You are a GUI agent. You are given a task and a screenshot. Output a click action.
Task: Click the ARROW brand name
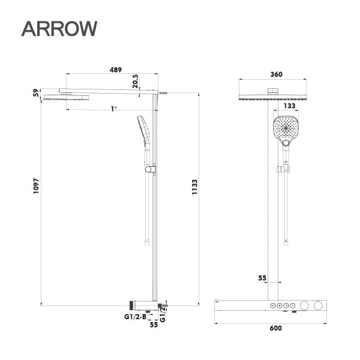(x=58, y=28)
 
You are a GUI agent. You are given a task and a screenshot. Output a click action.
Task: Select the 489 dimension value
(x=116, y=70)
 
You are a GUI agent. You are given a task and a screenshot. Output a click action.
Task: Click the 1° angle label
(x=113, y=109)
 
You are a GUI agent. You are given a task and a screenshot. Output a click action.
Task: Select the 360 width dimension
(x=276, y=75)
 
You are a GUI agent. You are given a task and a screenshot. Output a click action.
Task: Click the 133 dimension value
(x=290, y=106)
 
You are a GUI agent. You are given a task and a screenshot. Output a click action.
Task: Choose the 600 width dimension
(x=275, y=328)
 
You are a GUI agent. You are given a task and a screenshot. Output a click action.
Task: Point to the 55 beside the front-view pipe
(x=262, y=278)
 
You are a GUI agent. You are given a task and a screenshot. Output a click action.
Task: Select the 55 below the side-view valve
(x=153, y=324)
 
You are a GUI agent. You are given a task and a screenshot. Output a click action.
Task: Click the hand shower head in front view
(x=285, y=129)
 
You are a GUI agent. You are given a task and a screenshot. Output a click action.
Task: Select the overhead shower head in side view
(x=66, y=97)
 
